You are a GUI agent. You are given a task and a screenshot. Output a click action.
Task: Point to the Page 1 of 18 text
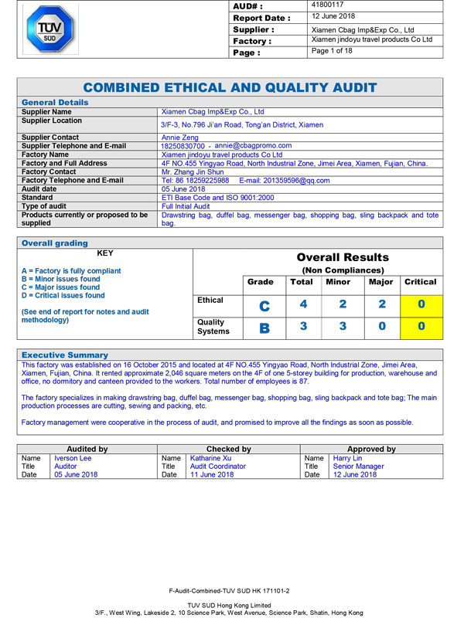332,52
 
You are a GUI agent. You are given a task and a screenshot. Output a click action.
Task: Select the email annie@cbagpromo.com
254,145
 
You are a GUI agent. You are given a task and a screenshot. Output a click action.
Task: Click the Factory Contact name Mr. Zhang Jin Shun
193,172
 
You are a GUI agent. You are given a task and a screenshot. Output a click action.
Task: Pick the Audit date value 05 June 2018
183,189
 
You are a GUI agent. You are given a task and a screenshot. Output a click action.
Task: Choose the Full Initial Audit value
186,206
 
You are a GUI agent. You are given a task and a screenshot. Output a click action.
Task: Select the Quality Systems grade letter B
264,328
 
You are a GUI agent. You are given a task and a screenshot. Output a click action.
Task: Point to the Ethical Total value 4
304,304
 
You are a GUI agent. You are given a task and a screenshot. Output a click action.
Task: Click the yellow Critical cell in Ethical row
421,304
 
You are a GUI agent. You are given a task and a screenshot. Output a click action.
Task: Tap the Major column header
381,282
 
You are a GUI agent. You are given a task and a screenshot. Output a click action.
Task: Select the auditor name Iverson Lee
73,458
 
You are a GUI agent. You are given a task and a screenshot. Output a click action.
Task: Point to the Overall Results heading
343,257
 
